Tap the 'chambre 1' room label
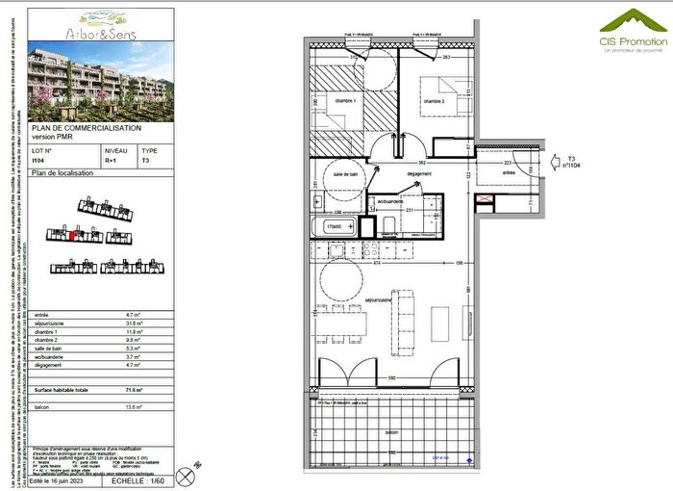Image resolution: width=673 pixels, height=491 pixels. (344, 101)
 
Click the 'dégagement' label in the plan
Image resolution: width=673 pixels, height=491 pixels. (417, 174)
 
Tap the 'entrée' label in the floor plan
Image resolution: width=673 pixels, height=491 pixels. (508, 174)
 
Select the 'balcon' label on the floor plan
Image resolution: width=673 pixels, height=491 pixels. (392, 434)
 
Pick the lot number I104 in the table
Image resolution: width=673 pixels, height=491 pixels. (38, 162)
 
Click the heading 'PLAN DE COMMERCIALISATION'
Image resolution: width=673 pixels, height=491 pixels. (87, 128)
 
